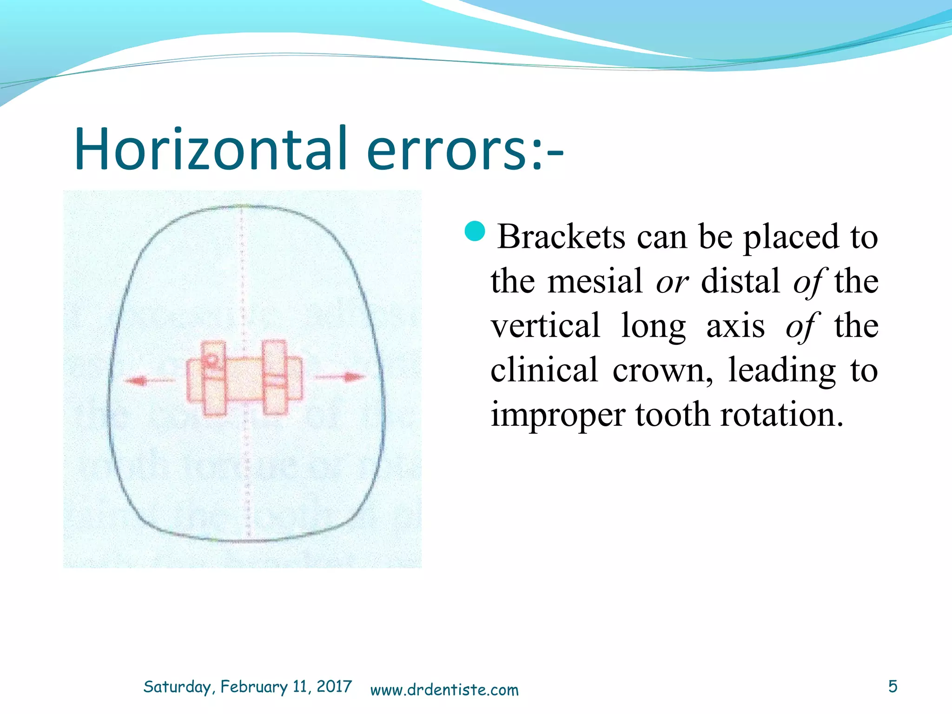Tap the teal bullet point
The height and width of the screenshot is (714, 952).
pos(475,231)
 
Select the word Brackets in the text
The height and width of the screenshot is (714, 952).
pos(561,237)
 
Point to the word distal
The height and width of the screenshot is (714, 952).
pos(740,282)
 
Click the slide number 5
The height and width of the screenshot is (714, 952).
pos(892,687)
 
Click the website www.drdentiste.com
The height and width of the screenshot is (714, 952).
pos(444,690)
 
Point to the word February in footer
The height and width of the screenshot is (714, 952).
pos(254,687)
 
